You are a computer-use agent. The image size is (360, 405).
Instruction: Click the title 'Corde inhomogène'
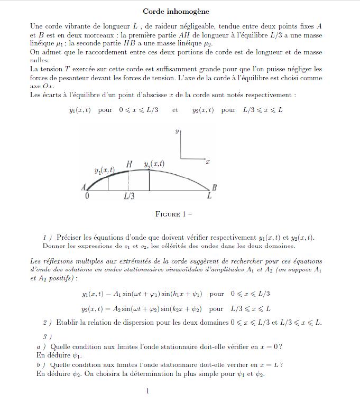point(176,11)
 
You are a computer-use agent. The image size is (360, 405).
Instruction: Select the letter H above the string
point(129,164)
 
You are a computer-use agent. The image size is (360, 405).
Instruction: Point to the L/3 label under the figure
point(129,197)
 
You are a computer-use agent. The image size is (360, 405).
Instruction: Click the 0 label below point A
point(87,196)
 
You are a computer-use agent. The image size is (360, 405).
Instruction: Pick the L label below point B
point(209,196)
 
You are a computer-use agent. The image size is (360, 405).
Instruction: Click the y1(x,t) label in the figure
point(104,171)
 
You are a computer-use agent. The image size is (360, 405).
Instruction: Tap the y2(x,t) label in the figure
point(154,164)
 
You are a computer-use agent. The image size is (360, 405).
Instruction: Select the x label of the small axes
point(208,161)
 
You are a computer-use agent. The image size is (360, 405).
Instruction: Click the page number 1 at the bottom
point(147,391)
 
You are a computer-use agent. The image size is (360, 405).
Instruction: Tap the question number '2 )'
point(47,323)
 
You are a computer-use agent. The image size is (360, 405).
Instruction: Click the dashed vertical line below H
point(129,182)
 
